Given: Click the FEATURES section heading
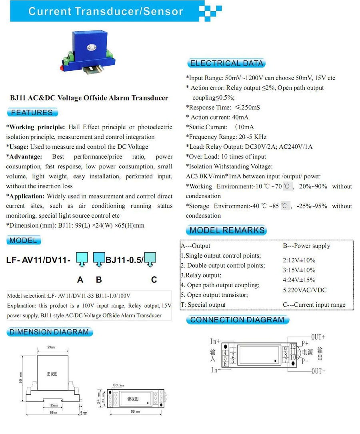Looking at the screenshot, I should pyautogui.click(x=32, y=112).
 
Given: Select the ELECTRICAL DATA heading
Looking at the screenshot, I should pyautogui.click(x=226, y=63).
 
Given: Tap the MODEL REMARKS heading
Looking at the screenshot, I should pyautogui.click(x=227, y=230).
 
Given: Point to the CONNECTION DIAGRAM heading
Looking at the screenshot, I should pyautogui.click(x=237, y=320).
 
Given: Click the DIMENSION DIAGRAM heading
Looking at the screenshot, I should pyautogui.click(x=49, y=332).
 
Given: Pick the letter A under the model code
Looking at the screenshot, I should pyautogui.click(x=80, y=280).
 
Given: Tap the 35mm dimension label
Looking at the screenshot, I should pyautogui.click(x=54, y=405).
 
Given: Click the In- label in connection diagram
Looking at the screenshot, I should pyautogui.click(x=215, y=370).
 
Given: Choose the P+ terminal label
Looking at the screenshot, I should pyautogui.click(x=305, y=343).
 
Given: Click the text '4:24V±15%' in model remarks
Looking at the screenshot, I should pyautogui.click(x=299, y=280).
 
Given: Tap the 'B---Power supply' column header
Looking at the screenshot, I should pyautogui.click(x=306, y=246).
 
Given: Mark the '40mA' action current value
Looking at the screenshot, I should pyautogui.click(x=240, y=117).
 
